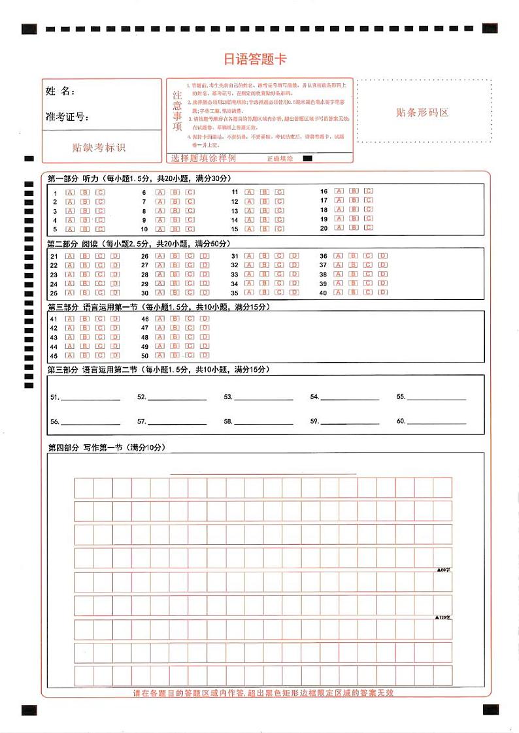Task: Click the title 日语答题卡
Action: [255, 59]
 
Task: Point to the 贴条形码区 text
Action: [423, 112]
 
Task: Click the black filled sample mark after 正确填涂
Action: [308, 159]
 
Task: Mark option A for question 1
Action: [70, 193]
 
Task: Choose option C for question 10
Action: [190, 229]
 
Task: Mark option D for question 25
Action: [115, 293]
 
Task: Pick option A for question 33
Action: [249, 274]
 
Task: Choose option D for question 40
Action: [383, 293]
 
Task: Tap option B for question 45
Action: [85, 355]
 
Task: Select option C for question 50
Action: [190, 355]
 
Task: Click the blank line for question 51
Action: [90, 398]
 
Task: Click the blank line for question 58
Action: [263, 423]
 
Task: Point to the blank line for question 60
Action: [437, 423]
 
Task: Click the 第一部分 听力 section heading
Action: [73, 178]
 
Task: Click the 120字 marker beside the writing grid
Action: [444, 617]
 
